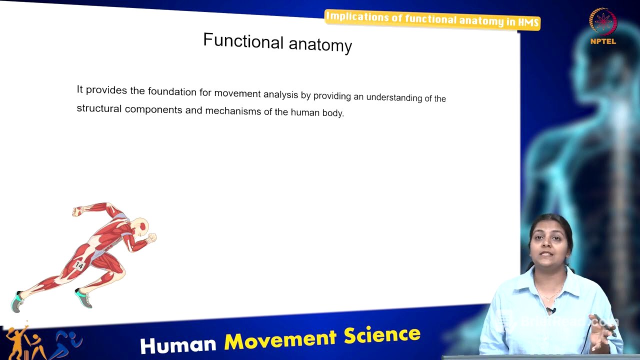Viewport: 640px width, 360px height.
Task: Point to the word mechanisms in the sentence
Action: click(x=233, y=110)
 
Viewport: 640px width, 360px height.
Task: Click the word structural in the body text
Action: click(x=99, y=108)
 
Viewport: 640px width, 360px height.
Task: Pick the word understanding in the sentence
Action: click(x=394, y=97)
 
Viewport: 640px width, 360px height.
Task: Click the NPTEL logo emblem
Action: click(x=603, y=22)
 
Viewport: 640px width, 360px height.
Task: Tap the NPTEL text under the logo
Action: click(x=603, y=41)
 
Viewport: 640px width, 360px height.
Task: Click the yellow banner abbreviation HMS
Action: click(x=528, y=22)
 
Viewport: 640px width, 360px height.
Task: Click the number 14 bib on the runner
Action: click(x=79, y=265)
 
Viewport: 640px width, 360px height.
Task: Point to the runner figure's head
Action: click(x=142, y=226)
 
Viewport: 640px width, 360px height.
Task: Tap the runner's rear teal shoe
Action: click(x=16, y=301)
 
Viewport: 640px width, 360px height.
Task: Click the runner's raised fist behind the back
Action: click(x=77, y=211)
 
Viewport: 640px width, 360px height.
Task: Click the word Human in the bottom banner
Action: click(x=178, y=344)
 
